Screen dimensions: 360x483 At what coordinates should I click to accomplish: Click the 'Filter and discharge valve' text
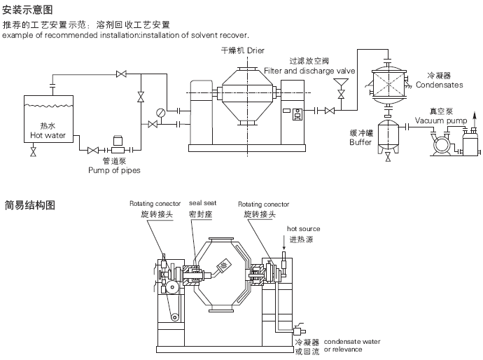coord(309,71)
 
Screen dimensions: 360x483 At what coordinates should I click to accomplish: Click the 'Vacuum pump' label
coord(440,120)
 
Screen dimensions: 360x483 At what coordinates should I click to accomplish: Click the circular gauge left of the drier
coord(162,111)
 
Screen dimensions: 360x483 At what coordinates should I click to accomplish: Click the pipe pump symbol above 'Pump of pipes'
coord(116,147)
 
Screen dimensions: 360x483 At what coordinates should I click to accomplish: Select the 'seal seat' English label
coord(202,204)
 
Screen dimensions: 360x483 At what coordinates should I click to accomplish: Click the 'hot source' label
coord(303,229)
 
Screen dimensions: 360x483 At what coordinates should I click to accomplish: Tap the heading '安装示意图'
coord(27,10)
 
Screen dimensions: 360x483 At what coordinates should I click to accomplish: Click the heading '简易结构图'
coord(29,205)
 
